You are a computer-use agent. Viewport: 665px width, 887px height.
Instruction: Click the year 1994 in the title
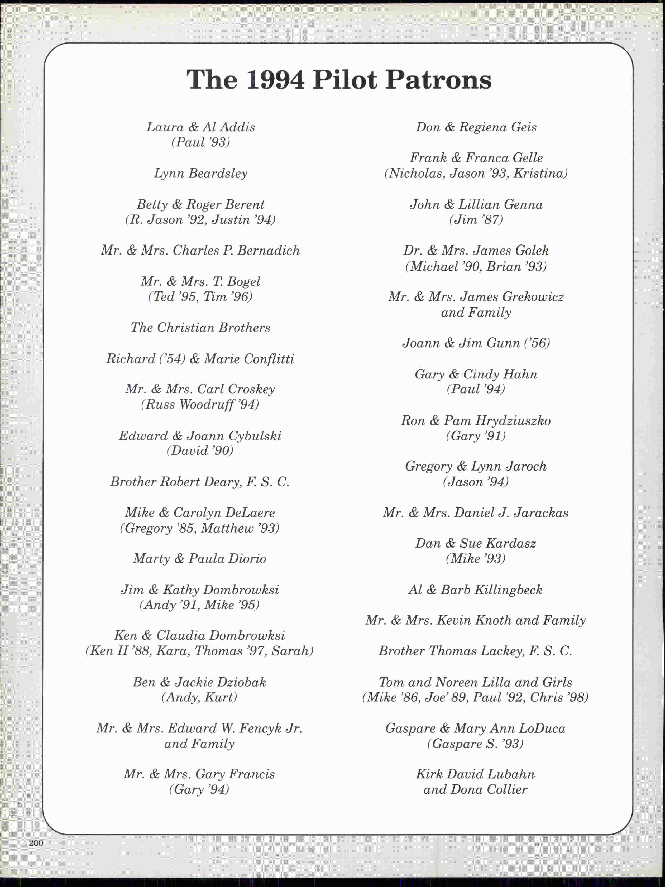click(x=275, y=80)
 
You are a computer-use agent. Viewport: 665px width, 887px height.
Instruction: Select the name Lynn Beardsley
click(x=200, y=173)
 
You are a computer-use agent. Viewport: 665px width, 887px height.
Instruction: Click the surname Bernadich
click(x=268, y=251)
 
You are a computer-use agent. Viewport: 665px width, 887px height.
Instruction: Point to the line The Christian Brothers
click(x=200, y=328)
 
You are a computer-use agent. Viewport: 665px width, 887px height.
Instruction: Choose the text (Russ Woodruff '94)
click(x=200, y=404)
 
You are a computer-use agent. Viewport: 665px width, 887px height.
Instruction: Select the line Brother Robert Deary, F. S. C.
click(x=200, y=482)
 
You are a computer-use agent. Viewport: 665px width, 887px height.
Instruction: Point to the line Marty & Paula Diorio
click(x=200, y=559)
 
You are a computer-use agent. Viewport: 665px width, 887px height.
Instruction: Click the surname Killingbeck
click(x=508, y=589)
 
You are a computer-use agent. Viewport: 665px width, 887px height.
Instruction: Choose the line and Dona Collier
click(x=475, y=790)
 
